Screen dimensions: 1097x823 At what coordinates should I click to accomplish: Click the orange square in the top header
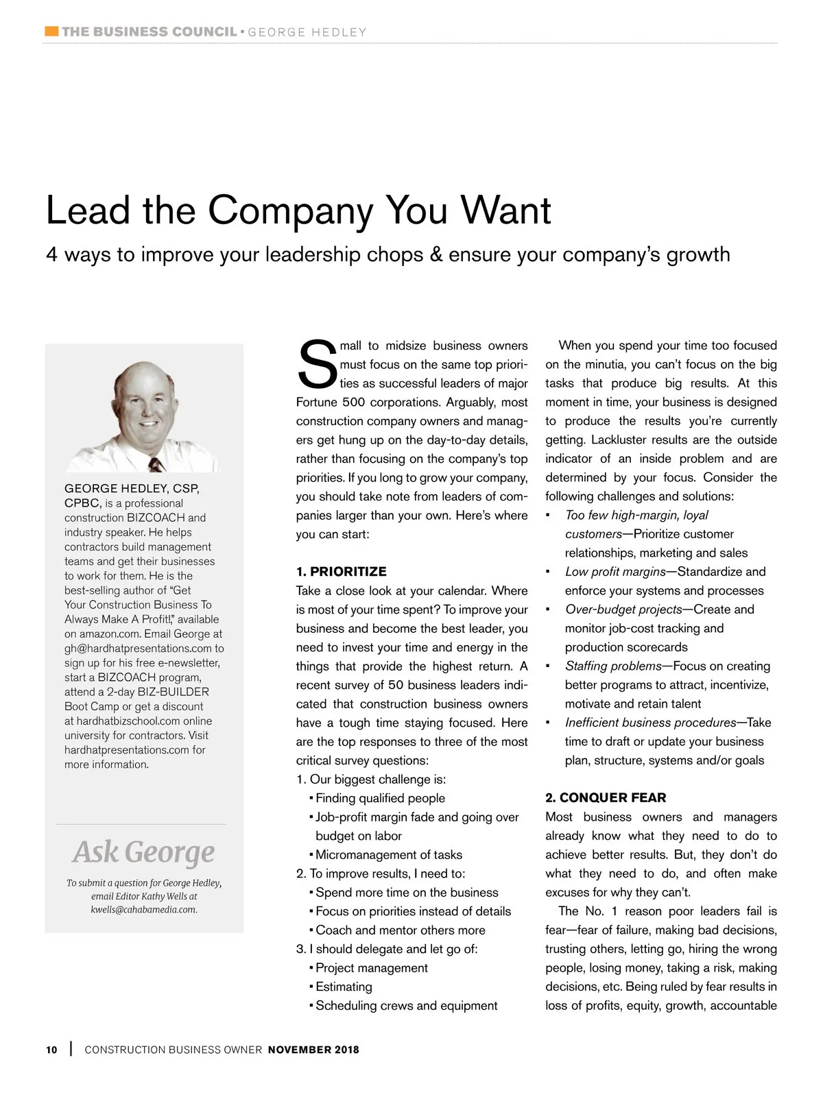(51, 32)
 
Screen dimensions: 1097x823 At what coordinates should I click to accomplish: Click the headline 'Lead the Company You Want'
(298, 210)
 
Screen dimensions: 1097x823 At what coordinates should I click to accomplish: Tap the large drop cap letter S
(317, 365)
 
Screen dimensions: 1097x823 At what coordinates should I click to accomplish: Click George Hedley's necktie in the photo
(157, 464)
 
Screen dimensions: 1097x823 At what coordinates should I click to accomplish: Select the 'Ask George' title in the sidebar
(143, 852)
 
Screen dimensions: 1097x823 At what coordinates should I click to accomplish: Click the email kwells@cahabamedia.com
(144, 910)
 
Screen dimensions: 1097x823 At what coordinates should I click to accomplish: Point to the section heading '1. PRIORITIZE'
(342, 572)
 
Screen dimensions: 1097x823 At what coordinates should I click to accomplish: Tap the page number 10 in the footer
(52, 1050)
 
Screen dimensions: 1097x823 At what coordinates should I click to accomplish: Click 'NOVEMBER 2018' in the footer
(313, 1050)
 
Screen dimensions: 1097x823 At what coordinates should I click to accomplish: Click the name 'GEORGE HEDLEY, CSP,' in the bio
(132, 489)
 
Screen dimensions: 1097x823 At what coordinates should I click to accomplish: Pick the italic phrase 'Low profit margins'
(615, 572)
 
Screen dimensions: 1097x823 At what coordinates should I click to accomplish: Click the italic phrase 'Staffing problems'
(613, 666)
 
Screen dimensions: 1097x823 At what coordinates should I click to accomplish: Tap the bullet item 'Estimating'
(344, 987)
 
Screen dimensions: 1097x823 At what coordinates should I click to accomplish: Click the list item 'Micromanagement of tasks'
(389, 855)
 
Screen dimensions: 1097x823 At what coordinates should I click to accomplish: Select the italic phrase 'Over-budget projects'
(623, 610)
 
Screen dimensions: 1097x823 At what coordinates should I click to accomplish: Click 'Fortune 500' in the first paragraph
(326, 402)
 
